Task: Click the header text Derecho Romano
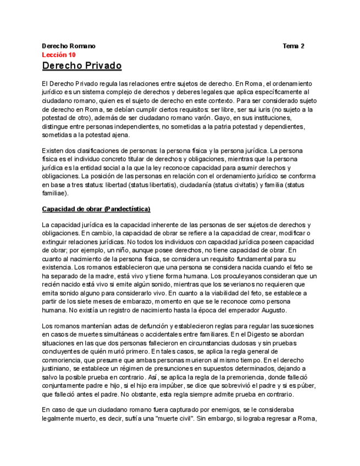tap(69, 46)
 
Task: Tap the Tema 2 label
tap(293, 46)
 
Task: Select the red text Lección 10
tap(59, 55)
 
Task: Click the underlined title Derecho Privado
tap(82, 66)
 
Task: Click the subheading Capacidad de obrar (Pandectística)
tap(96, 209)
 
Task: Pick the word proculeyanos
tap(250, 275)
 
